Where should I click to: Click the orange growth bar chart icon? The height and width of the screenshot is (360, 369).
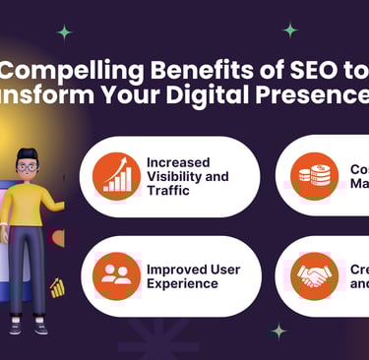tap(117, 175)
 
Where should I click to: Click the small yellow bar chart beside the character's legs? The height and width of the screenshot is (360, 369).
tap(57, 287)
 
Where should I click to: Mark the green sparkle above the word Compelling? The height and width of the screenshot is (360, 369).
tap(64, 31)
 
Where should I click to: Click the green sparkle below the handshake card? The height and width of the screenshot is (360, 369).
tap(278, 330)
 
